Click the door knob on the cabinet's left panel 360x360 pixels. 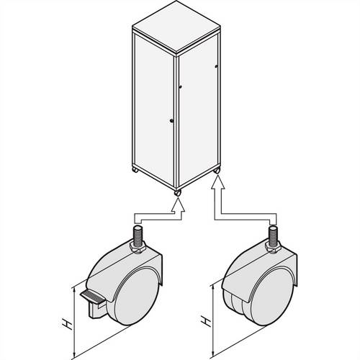(170, 120)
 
